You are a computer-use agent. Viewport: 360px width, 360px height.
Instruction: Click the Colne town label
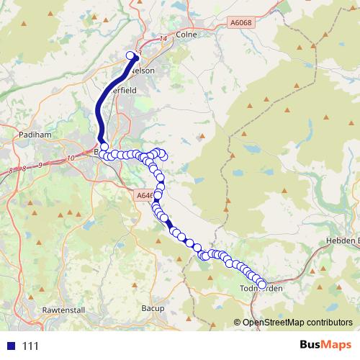coord(186,33)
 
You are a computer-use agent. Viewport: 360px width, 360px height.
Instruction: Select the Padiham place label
coord(34,134)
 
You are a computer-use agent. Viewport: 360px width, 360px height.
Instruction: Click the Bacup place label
coord(154,308)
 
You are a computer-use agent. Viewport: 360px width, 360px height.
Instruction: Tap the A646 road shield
coord(144,194)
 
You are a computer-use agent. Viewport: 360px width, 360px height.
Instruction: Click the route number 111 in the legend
coord(30,346)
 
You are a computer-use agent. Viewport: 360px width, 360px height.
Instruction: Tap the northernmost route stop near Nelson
coord(131,55)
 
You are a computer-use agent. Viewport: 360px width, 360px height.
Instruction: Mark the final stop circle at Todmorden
coord(261,285)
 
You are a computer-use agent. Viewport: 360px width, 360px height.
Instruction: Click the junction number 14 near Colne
coord(163,39)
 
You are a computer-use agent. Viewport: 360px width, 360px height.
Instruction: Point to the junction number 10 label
coord(70,158)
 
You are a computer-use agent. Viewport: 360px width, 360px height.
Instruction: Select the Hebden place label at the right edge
coord(346,240)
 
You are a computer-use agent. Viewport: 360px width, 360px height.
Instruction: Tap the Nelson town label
coord(144,71)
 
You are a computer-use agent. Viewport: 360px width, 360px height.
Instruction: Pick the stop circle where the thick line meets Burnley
coord(104,147)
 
